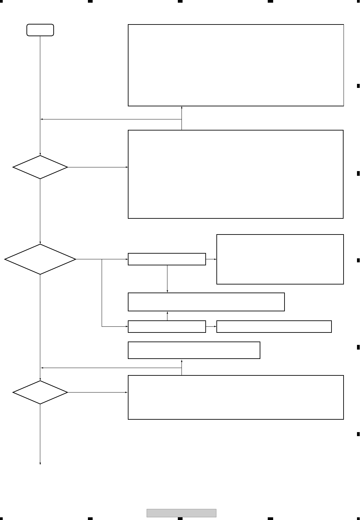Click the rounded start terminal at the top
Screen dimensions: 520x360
[x=40, y=30]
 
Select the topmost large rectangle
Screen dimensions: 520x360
[x=236, y=65]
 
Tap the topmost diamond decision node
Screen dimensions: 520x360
[x=40, y=167]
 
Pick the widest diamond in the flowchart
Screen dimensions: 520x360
[x=40, y=259]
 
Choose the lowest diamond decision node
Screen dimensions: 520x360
[x=40, y=392]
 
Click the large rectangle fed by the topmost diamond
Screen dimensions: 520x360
[x=236, y=174]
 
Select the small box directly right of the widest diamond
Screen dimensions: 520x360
[x=167, y=259]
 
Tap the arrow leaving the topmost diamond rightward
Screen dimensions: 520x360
[x=97, y=167]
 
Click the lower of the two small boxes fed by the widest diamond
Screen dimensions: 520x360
[x=167, y=326]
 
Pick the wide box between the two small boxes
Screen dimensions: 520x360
[x=206, y=302]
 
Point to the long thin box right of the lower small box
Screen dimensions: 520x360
[x=274, y=326]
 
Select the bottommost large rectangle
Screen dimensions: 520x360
[x=236, y=397]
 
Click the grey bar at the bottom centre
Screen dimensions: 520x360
[x=182, y=513]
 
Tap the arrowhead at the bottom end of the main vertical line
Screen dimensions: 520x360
[x=40, y=463]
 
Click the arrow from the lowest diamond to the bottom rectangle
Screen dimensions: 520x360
[x=97, y=392]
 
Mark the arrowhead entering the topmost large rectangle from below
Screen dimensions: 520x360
[x=182, y=108]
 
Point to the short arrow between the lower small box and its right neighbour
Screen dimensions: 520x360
[x=211, y=326]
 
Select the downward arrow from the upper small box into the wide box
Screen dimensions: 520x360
[x=167, y=278]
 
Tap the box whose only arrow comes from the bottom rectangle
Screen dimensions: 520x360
[x=194, y=350]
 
